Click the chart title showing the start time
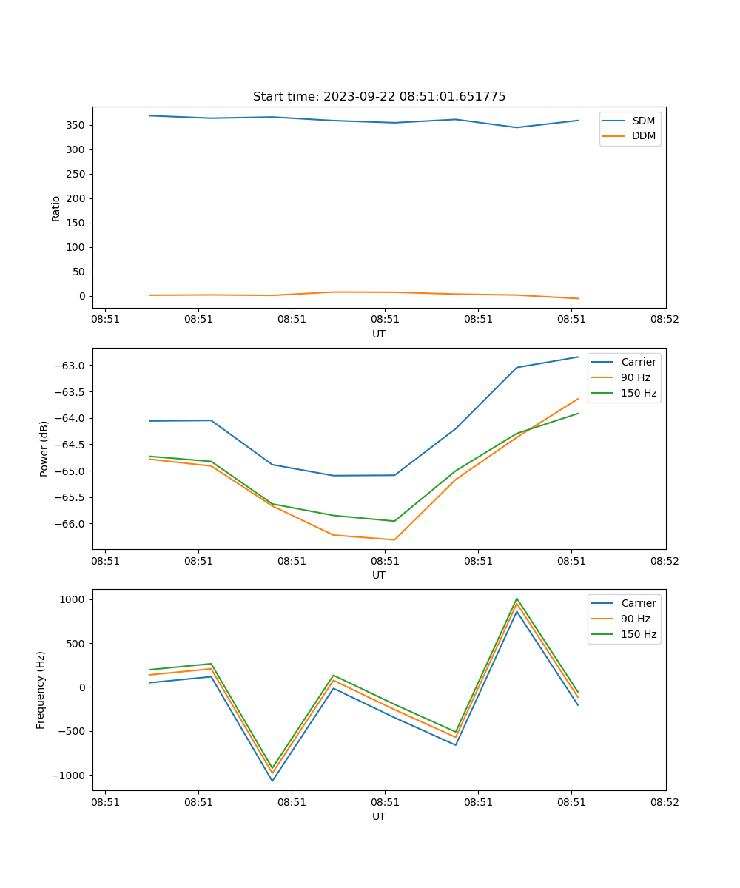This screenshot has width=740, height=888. pos(379,97)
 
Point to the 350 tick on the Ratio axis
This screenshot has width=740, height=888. pos(77,125)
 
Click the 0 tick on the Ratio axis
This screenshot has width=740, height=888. pos(83,296)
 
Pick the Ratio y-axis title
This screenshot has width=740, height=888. pos(56,208)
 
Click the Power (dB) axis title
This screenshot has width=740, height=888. pos(44,448)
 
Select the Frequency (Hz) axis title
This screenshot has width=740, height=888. pos(41,690)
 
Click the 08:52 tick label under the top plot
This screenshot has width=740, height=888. pos(664,320)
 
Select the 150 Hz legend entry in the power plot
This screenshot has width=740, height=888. pos(639,393)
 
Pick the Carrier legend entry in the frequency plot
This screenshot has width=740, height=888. pos(638,603)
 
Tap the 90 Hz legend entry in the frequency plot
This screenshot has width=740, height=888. pos(635,619)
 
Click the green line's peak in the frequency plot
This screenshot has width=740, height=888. pos(517,599)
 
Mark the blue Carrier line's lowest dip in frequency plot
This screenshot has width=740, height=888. pos(272,781)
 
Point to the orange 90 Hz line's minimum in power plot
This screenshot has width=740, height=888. pos(394,539)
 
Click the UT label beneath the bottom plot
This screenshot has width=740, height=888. pos(379,816)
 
